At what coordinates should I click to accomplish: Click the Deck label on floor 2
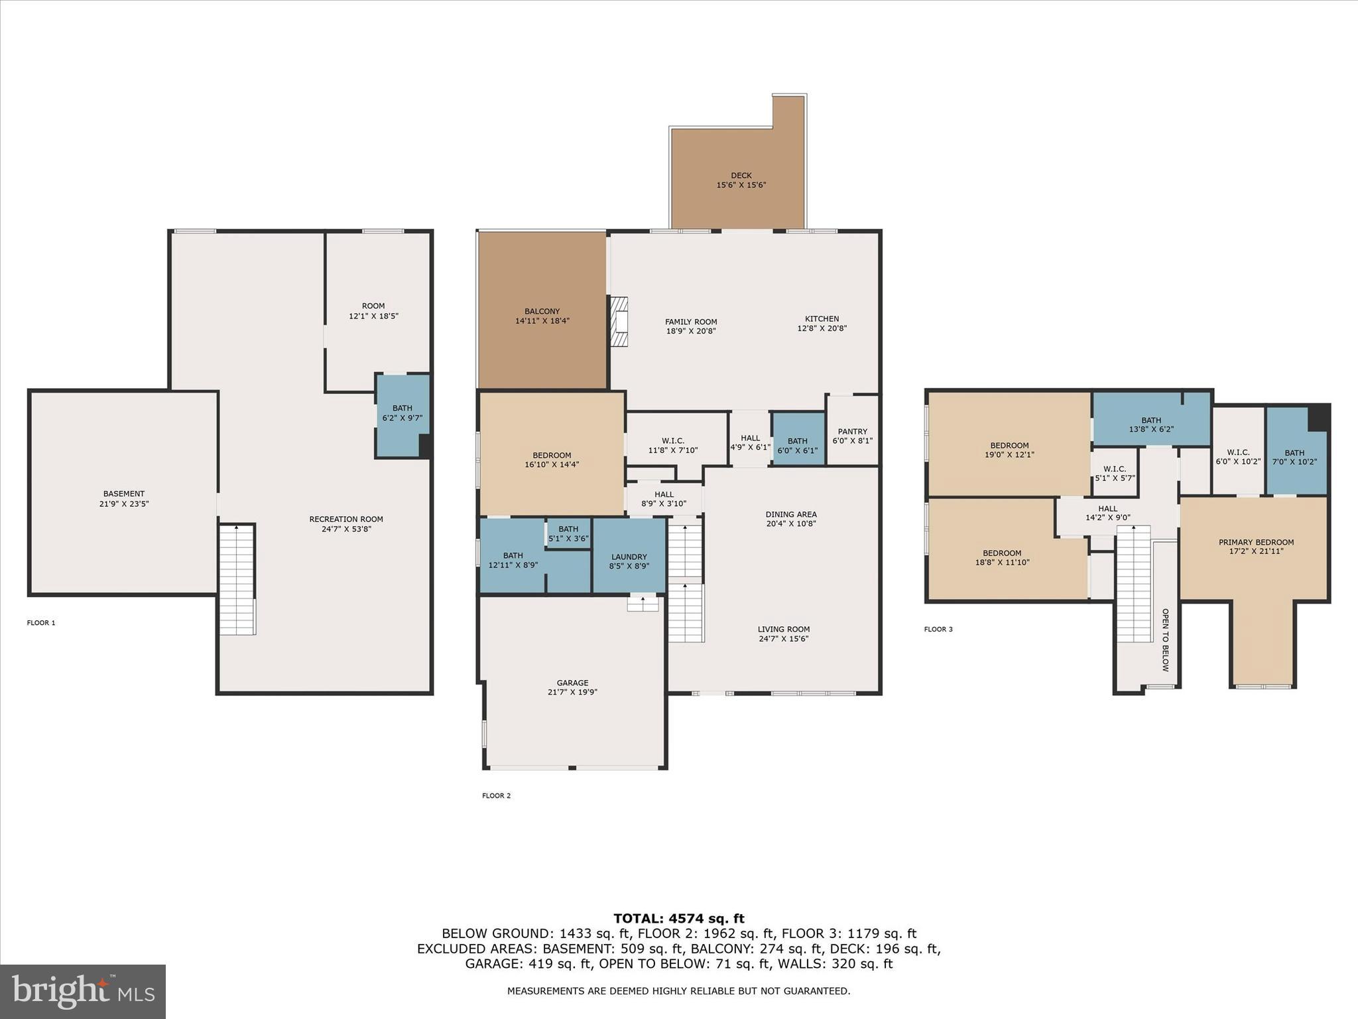(741, 176)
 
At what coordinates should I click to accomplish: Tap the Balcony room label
(542, 311)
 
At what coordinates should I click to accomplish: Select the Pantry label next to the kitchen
(852, 431)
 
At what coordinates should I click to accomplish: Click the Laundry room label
(629, 557)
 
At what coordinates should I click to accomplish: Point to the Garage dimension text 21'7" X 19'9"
(572, 692)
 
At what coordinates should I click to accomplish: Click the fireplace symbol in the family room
(619, 322)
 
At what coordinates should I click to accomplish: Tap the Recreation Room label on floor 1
(346, 519)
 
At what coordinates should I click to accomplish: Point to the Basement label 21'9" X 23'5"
(123, 499)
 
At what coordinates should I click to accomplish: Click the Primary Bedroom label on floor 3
(1256, 543)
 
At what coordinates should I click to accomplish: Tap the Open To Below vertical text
(1165, 640)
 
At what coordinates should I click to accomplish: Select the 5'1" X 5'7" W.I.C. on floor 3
(1114, 473)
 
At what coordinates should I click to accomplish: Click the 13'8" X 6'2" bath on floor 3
(1151, 425)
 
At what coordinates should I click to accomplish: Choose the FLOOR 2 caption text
(496, 795)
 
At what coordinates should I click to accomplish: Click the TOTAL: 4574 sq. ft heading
(678, 919)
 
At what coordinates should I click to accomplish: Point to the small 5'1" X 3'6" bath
(568, 534)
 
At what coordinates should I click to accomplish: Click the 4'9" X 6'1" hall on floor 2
(750, 442)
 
